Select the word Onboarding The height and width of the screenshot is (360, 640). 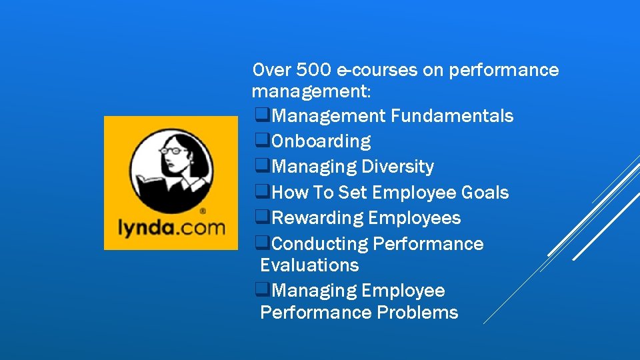pyautogui.click(x=321, y=141)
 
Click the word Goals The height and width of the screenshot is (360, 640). pyautogui.click(x=485, y=193)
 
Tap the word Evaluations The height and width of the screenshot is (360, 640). pyautogui.click(x=309, y=265)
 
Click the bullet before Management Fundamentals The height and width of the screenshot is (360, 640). pyautogui.click(x=262, y=116)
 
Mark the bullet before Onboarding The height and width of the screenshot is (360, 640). pyautogui.click(x=262, y=141)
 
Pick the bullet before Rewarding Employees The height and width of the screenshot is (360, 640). pyautogui.click(x=262, y=218)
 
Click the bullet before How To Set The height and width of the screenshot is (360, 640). pyautogui.click(x=262, y=193)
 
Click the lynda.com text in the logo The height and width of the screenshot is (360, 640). pyautogui.click(x=171, y=229)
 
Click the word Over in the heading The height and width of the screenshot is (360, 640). pyautogui.click(x=269, y=69)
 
